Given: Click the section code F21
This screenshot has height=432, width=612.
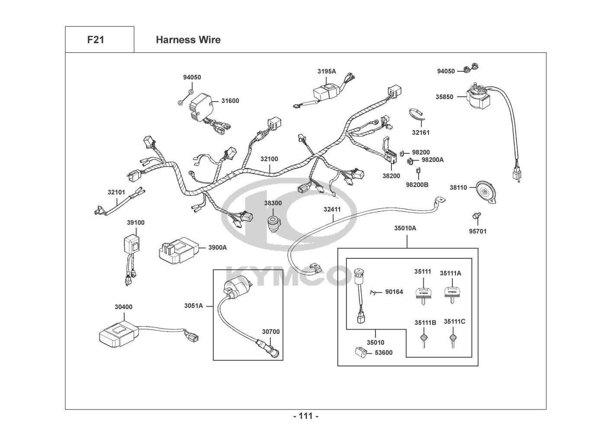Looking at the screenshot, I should tap(96, 40).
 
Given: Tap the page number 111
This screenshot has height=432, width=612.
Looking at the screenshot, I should tap(306, 416).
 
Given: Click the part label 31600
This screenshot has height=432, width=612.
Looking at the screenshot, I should tap(230, 101).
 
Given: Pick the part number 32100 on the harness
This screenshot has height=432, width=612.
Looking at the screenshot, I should tap(269, 159).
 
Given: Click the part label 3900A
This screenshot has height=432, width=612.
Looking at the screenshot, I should tap(217, 248).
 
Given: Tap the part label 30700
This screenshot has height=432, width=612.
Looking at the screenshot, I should tap(271, 332).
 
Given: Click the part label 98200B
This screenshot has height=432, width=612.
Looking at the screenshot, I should tap(417, 185).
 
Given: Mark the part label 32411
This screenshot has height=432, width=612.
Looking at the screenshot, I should tap(332, 210).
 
